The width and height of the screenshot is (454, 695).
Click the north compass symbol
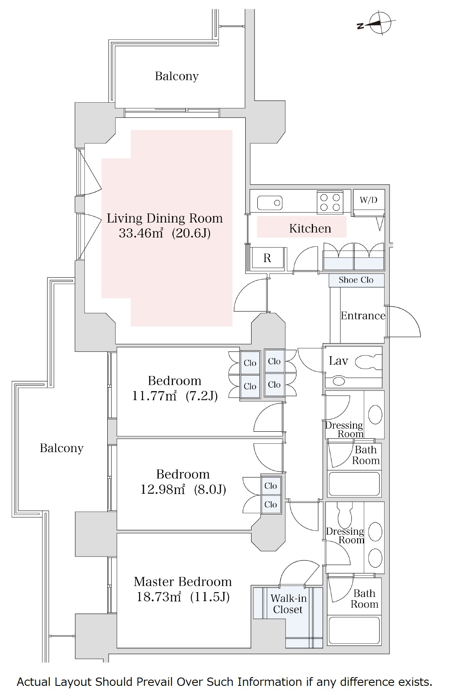pyautogui.click(x=379, y=22)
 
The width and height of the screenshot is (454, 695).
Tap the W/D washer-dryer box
pyautogui.click(x=368, y=200)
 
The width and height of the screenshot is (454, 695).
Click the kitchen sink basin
pyautogui.click(x=269, y=203)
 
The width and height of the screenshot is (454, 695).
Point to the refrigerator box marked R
pyautogui.click(x=267, y=258)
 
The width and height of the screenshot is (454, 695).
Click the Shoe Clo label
pyautogui.click(x=356, y=280)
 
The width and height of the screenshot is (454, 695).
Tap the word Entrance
pyautogui.click(x=363, y=316)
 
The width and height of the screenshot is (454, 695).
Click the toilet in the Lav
pyautogui.click(x=368, y=362)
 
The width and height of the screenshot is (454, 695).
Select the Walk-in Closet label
pyautogui.click(x=288, y=604)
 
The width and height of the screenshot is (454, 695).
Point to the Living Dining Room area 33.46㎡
pyautogui.click(x=141, y=233)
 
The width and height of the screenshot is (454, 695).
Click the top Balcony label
pyautogui.click(x=177, y=76)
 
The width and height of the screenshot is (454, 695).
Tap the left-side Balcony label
pyautogui.click(x=62, y=448)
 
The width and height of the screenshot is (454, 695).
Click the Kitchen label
pyautogui.click(x=310, y=228)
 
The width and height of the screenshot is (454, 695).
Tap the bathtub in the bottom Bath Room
pyautogui.click(x=354, y=631)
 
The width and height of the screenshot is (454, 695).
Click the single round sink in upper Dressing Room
pyautogui.click(x=375, y=415)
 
